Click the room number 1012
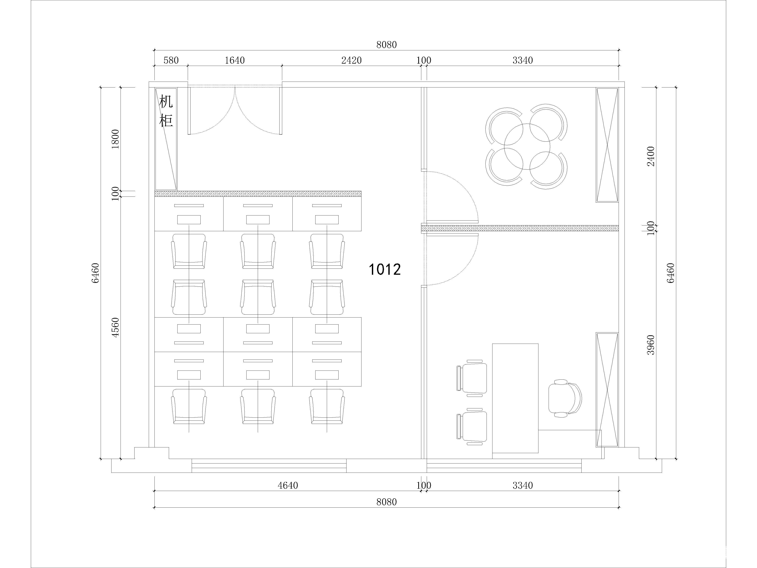(x=384, y=269)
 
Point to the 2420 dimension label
(x=351, y=61)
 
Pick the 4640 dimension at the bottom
(x=288, y=485)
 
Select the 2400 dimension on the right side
(x=651, y=156)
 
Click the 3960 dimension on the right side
(x=651, y=345)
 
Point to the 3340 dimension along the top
(x=523, y=61)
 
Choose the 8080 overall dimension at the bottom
(x=386, y=502)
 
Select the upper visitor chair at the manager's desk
(x=472, y=378)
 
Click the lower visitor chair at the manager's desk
(x=472, y=427)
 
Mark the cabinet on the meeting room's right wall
(x=607, y=145)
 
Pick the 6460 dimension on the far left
(x=96, y=273)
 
